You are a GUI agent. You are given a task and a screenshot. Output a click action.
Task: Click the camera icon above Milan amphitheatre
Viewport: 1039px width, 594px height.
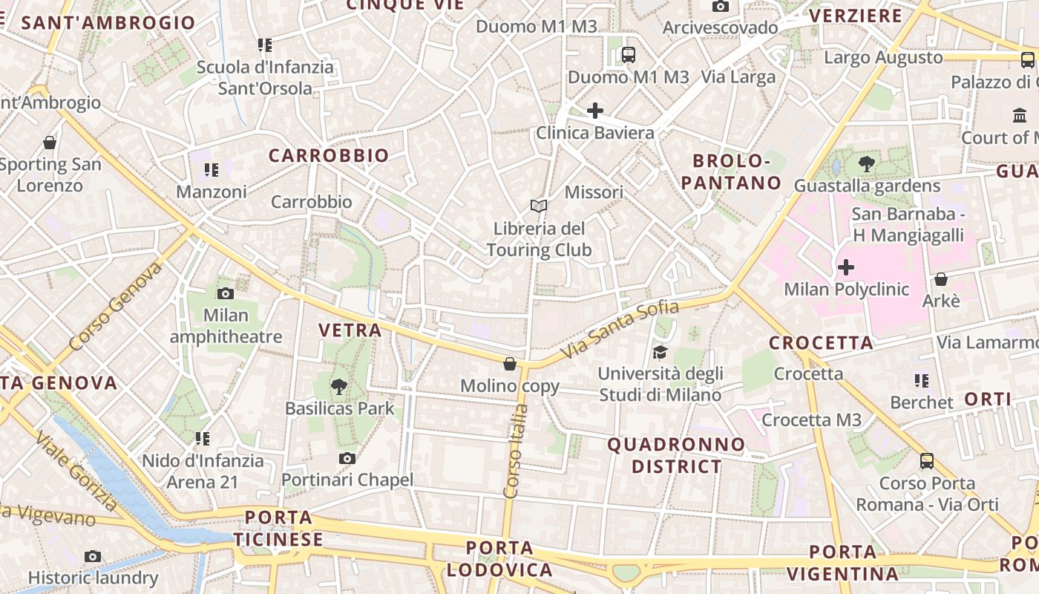click(226, 293)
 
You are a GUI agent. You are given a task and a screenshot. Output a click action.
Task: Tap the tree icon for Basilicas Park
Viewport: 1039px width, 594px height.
click(339, 386)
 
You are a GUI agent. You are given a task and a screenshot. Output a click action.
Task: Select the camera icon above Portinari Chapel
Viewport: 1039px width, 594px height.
click(347, 458)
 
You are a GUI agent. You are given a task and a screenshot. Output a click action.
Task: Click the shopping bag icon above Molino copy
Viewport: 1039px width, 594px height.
click(510, 364)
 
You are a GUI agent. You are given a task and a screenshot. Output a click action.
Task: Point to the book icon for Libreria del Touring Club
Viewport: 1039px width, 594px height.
click(539, 206)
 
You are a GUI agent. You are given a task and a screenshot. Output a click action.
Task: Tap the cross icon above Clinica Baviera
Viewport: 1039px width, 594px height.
click(594, 111)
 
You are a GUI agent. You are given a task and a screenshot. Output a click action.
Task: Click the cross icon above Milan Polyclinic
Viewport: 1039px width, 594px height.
click(846, 267)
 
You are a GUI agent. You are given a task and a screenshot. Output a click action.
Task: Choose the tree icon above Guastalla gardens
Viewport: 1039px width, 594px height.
click(866, 163)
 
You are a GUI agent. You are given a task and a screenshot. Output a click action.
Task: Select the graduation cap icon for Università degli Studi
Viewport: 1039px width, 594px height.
click(660, 352)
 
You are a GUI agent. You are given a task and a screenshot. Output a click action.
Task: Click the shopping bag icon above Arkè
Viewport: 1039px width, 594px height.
click(941, 279)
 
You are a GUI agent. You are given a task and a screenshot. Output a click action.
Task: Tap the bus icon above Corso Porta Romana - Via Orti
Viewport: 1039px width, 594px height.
click(927, 460)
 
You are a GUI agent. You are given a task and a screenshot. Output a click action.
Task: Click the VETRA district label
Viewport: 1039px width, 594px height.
click(350, 330)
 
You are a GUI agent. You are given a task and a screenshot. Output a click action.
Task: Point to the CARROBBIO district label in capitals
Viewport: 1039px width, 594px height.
click(329, 155)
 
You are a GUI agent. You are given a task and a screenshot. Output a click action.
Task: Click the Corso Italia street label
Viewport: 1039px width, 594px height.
click(515, 451)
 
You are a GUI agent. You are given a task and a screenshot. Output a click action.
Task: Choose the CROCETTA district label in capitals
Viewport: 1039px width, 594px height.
click(821, 343)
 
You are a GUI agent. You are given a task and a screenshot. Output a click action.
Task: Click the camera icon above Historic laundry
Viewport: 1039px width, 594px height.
click(93, 556)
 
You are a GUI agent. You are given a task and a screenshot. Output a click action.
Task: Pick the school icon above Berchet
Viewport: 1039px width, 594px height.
click(922, 381)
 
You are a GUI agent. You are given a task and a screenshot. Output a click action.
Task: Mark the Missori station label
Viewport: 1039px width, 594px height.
click(594, 192)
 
